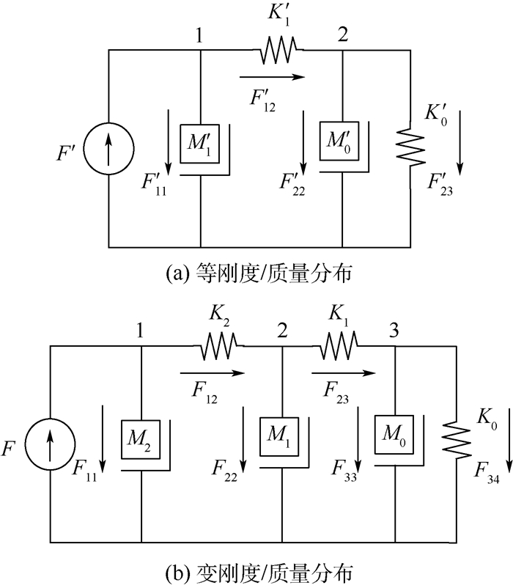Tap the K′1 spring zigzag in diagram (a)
click(277, 50)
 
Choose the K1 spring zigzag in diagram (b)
click(338, 345)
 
